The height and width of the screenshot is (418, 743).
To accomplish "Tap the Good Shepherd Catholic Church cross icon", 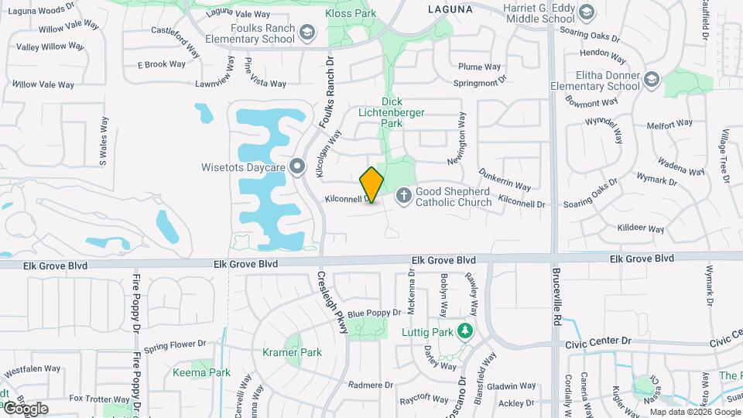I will pos(403,197).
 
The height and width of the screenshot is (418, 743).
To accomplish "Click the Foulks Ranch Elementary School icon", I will pos(307,32).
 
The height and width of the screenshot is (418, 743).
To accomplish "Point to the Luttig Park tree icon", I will pos(464,332).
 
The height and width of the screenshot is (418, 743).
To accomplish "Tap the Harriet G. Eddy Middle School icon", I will pos(586,12).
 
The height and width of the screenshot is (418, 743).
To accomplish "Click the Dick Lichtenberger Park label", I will pos(392,112).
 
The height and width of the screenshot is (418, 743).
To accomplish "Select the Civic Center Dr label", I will pos(599,341).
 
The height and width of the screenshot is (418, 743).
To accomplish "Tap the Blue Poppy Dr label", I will pos(374,313).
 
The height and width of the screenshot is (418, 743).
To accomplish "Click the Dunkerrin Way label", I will pos(505,180).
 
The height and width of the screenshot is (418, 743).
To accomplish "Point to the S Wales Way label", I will pos(102,142).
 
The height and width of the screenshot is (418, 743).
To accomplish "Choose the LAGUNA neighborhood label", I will pos(450,9).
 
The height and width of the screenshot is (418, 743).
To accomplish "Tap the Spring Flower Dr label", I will pos(175,344).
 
